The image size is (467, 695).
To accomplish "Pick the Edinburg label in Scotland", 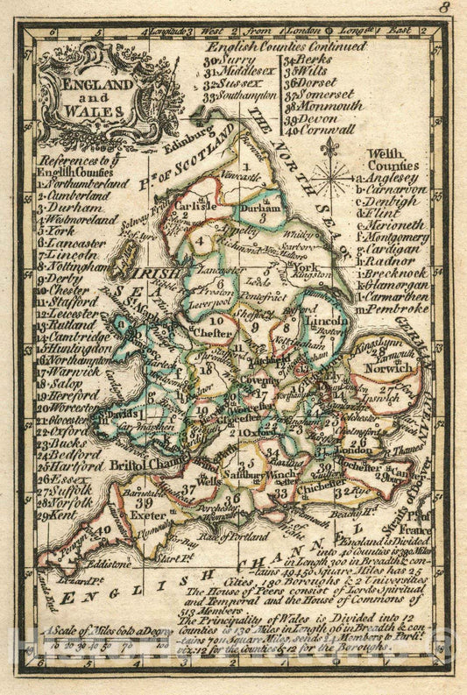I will click(187, 137).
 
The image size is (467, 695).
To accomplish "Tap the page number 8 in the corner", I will click(444, 8).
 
